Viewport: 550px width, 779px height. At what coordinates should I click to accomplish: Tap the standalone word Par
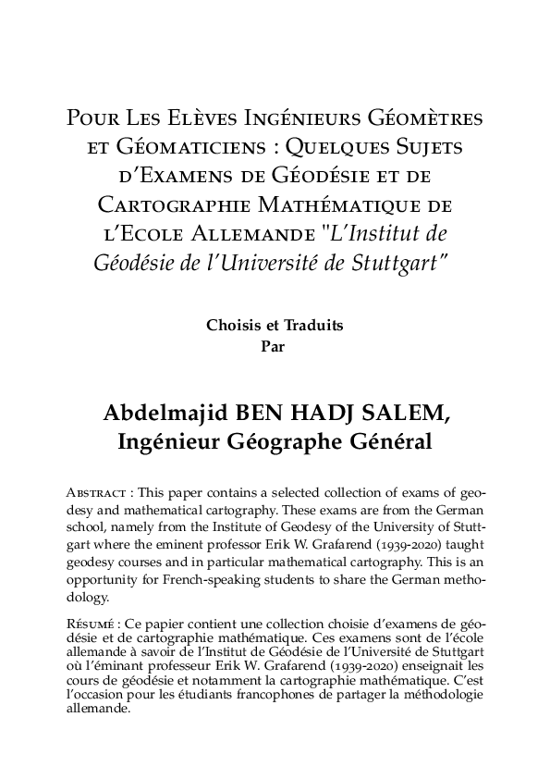275,347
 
